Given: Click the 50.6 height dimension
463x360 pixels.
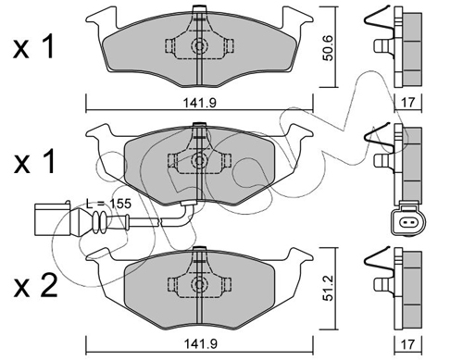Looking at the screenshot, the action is tap(328, 48).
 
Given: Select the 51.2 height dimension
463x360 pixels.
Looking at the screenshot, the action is tap(328, 288).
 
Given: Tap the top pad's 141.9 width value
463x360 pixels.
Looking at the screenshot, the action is tap(200, 103).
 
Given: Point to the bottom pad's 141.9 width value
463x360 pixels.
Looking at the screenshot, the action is tap(200, 343).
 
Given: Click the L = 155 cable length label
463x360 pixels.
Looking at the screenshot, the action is tap(108, 204).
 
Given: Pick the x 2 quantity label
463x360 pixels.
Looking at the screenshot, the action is tap(35, 287).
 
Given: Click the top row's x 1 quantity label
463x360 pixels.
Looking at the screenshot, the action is tap(33, 47).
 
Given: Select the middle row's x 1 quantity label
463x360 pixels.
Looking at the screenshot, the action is tap(33, 161).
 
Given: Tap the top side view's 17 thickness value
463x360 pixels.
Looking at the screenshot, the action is tap(408, 102).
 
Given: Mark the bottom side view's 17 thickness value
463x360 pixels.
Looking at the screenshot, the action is tap(408, 343).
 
